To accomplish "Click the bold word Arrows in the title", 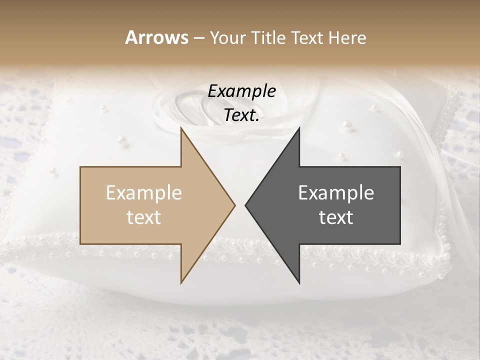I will coord(157,37).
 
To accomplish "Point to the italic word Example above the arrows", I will coord(242,91).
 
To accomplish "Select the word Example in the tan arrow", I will coord(144,193).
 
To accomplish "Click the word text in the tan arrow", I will coord(144,217).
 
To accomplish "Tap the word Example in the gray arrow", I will coord(336,193).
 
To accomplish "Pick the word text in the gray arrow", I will coord(336,217).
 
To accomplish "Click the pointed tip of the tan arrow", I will coord(235,205).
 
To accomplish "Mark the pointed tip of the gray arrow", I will coord(245,205).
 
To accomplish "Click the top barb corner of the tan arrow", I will coord(181,127).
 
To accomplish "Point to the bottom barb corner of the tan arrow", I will coord(181,283).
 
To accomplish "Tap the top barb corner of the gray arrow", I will coord(299,127).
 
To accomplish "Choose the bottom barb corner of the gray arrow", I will coord(299,283).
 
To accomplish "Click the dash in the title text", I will coord(198,38).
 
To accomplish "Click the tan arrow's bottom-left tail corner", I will coord(80,244).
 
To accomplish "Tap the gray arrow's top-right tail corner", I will coord(400,167).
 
